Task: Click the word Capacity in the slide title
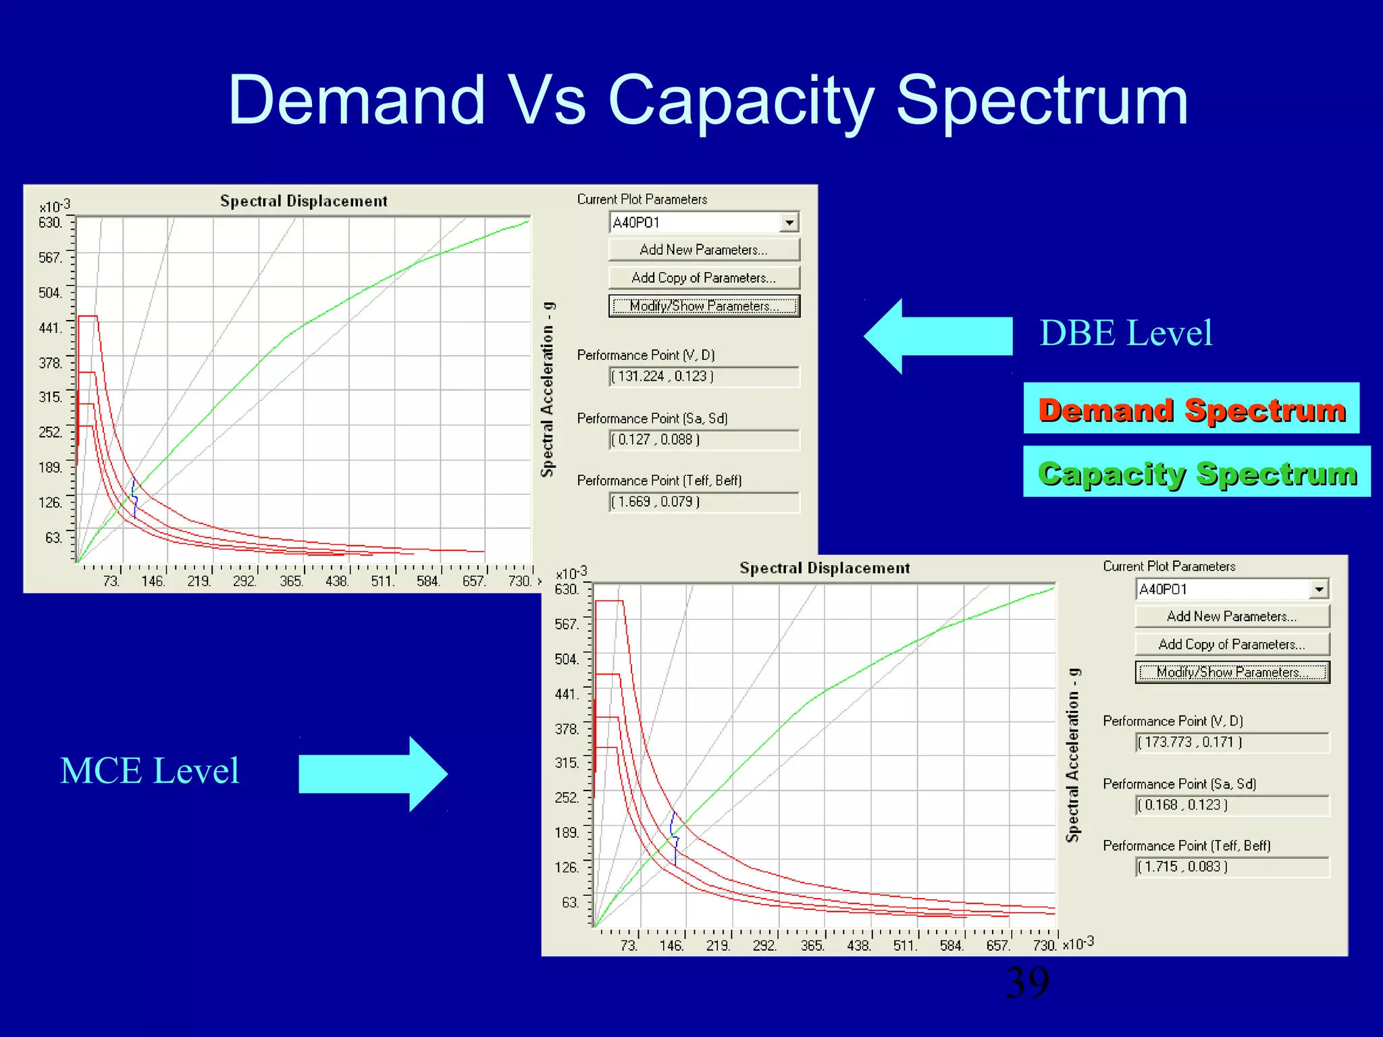click(x=741, y=101)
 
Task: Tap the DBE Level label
click(x=1126, y=334)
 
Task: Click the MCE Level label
click(x=149, y=771)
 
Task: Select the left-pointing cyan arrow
click(x=939, y=336)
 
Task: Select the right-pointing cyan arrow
click(x=373, y=774)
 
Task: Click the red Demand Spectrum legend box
click(x=1191, y=409)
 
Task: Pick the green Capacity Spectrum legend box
click(x=1197, y=473)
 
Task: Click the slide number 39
click(x=1027, y=982)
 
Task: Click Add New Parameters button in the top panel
click(x=704, y=250)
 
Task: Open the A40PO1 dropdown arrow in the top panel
click(x=789, y=222)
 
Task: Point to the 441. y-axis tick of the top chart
click(x=51, y=328)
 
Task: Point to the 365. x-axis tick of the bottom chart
click(x=812, y=946)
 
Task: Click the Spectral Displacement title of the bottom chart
click(x=825, y=568)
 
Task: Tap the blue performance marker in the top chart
click(x=134, y=498)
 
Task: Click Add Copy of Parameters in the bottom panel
click(x=1232, y=644)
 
